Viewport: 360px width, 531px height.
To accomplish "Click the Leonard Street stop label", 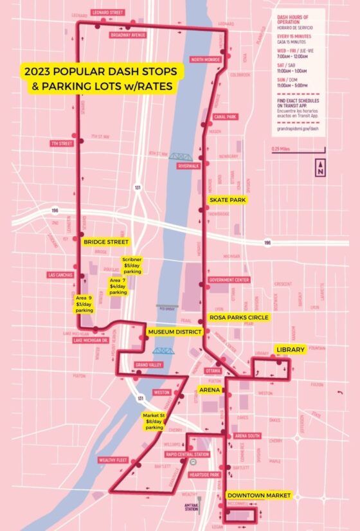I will tap(109, 12).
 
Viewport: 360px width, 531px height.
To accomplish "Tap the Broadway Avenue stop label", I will tap(128, 35).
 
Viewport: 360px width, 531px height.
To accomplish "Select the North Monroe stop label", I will tap(205, 59).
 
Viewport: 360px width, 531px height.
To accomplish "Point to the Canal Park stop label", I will tap(224, 117).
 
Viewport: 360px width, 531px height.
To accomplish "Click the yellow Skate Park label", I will tap(228, 200).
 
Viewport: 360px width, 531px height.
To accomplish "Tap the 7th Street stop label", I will tap(62, 143).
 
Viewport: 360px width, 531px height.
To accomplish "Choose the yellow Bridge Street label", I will tap(105, 242).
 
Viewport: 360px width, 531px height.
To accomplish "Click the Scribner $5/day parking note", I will tap(132, 265).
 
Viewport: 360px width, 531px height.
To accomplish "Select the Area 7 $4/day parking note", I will tap(118, 287).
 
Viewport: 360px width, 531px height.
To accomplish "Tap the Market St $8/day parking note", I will tap(154, 422).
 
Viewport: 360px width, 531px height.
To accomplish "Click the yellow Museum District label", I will tap(174, 332).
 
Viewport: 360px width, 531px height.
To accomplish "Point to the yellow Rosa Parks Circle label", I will tap(238, 318).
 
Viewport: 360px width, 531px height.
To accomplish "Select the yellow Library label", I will tap(289, 349).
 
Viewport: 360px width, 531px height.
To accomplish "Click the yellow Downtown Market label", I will tap(259, 496).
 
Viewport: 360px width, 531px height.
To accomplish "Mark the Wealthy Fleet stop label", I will tap(113, 460).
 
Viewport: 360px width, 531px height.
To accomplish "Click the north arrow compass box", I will tap(320, 168).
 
